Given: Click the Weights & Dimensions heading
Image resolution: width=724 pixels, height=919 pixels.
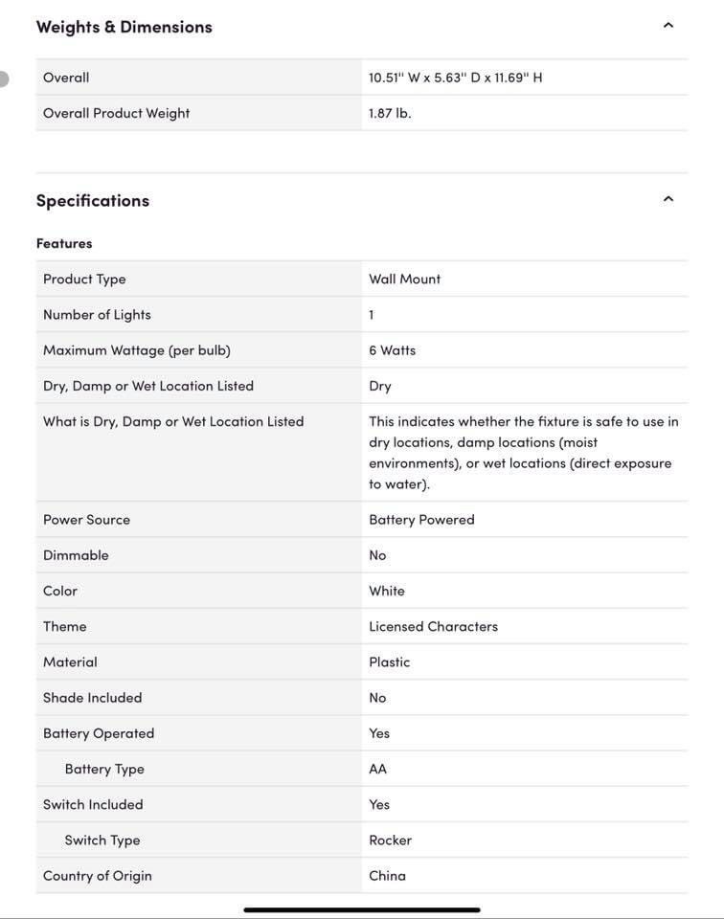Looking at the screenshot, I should pyautogui.click(x=124, y=27).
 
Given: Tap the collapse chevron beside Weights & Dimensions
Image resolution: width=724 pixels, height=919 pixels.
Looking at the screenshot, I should pyautogui.click(x=668, y=26).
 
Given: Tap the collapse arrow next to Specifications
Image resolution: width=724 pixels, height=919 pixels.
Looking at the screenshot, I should pyautogui.click(x=668, y=199).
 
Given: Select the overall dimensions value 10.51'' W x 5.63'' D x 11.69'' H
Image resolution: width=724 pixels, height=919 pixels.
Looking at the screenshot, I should pyautogui.click(x=455, y=78).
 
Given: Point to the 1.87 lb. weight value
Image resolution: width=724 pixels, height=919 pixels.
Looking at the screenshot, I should pyautogui.click(x=390, y=113).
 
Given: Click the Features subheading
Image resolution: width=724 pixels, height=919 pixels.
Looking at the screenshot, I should pyautogui.click(x=64, y=243).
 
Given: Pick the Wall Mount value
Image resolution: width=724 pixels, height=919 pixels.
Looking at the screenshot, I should pyautogui.click(x=404, y=280).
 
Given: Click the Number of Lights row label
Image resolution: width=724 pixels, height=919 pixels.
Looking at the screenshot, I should pyautogui.click(x=97, y=315).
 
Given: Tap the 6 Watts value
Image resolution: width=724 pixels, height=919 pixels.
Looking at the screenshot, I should pyautogui.click(x=392, y=350).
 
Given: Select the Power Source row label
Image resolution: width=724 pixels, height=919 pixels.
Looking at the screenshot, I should pyautogui.click(x=86, y=520).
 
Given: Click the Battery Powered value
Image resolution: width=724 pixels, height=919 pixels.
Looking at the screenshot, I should pyautogui.click(x=421, y=520).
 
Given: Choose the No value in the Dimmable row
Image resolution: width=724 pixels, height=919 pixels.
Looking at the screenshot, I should pyautogui.click(x=377, y=555).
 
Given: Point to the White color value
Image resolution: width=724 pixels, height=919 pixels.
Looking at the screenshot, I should pyautogui.click(x=386, y=591).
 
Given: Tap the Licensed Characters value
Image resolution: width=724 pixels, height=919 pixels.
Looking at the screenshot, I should pyautogui.click(x=433, y=626).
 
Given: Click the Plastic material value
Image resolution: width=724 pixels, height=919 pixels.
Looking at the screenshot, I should pyautogui.click(x=389, y=662).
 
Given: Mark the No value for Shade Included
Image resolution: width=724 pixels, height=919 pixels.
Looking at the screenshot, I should pyautogui.click(x=377, y=698).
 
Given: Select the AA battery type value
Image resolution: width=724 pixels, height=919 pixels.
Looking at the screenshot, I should pyautogui.click(x=377, y=769).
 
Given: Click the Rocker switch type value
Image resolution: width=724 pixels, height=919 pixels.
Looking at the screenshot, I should pyautogui.click(x=390, y=841).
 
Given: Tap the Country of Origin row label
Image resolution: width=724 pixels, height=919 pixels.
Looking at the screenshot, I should pyautogui.click(x=98, y=876).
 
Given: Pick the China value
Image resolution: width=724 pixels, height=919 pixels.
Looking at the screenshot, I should pyautogui.click(x=387, y=876).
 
